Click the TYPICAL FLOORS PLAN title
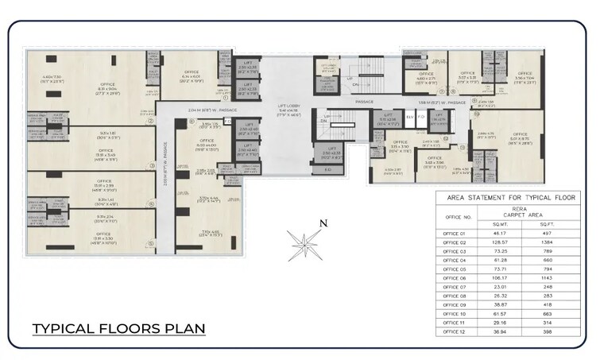(x=118, y=327)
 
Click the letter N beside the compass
(x=323, y=223)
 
